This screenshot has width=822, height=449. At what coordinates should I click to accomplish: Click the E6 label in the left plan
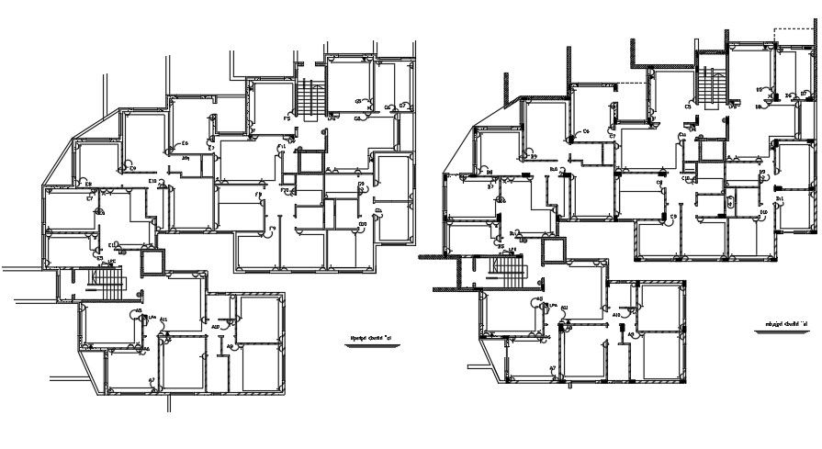pos(185,143)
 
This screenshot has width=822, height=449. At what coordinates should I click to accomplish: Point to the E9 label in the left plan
pos(132,168)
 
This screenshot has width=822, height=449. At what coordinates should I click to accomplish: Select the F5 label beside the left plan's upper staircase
pos(287,118)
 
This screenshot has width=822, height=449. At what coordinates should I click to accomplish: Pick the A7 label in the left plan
pos(152,379)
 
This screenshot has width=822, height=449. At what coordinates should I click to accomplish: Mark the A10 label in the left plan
pos(216,327)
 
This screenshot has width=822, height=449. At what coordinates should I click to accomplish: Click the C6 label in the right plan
pos(585,133)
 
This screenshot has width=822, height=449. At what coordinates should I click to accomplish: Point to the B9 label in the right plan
pos(533,156)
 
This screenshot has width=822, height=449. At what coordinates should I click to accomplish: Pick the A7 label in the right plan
pos(553,369)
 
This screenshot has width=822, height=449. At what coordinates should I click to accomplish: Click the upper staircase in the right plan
pos(710,83)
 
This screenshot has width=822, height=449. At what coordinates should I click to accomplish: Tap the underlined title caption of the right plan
pos(789,324)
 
